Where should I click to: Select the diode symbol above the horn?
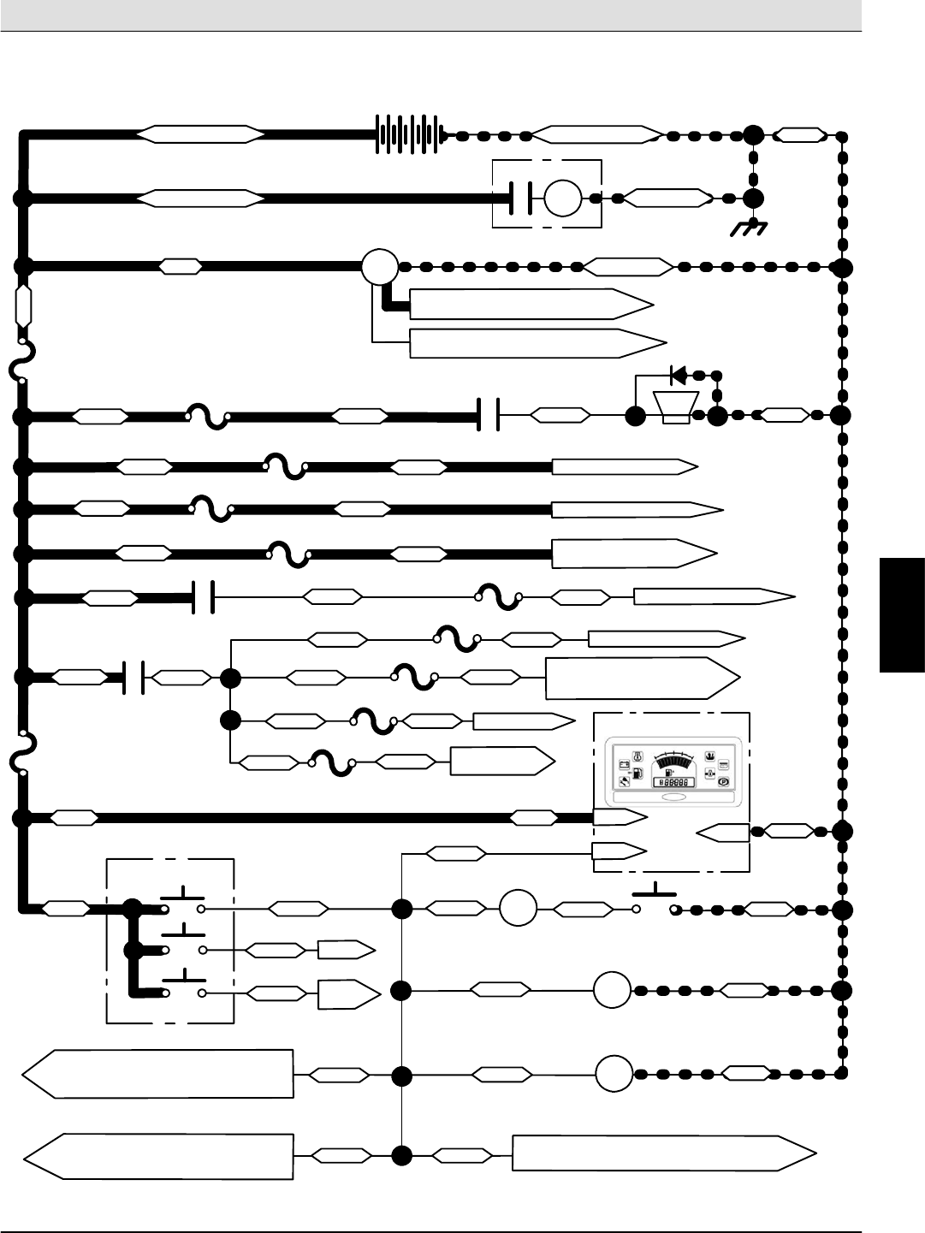click(x=679, y=374)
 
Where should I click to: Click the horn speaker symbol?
click(x=676, y=406)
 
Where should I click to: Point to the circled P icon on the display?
click(x=723, y=781)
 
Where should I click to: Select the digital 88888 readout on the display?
click(x=673, y=782)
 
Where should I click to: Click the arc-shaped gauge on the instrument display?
click(x=674, y=761)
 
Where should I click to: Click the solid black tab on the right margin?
click(x=902, y=615)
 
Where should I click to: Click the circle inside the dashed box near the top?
click(x=562, y=198)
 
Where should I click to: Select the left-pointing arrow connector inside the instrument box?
click(x=723, y=831)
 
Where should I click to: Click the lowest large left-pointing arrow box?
click(x=158, y=1157)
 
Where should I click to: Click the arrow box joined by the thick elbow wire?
click(x=531, y=304)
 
